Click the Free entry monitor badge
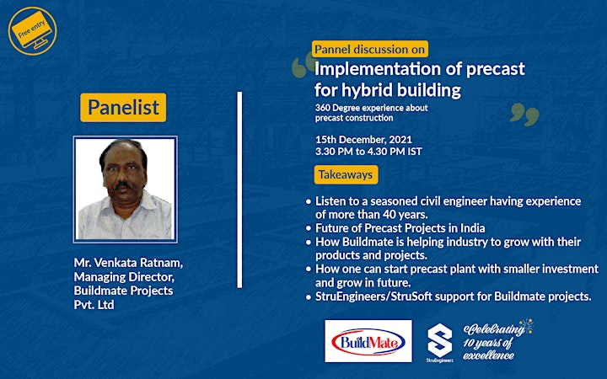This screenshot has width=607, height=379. click(33, 31)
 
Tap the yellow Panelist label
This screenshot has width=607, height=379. click(123, 107)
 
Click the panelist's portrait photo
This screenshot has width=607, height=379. click(126, 189)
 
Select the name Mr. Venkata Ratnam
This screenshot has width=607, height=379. click(128, 263)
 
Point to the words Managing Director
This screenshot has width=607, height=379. click(124, 277)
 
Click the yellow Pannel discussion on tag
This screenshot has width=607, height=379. click(370, 49)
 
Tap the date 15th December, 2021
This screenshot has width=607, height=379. click(363, 139)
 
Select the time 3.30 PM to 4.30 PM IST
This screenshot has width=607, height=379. click(368, 152)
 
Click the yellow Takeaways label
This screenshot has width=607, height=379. click(346, 175)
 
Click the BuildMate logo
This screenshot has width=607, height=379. click(368, 341)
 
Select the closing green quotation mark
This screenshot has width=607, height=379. click(524, 114)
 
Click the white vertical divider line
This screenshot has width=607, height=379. click(239, 189)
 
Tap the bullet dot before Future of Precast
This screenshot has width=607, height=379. click(309, 228)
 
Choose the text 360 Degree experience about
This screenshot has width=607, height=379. click(372, 108)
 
